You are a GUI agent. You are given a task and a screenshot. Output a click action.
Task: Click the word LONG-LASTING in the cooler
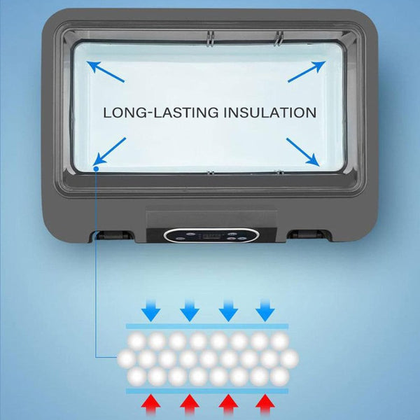coord(161,113)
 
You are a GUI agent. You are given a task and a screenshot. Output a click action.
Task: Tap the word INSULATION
coord(270,113)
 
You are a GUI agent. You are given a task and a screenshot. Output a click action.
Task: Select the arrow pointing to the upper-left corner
coord(105,71)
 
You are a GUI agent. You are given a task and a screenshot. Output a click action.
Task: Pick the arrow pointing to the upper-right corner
coord(307,71)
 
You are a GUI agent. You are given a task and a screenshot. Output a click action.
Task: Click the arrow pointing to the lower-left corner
coord(109,151)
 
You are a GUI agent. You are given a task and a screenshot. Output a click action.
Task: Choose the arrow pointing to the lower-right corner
coord(302,152)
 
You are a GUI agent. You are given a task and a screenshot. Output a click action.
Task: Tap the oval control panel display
coord(211,235)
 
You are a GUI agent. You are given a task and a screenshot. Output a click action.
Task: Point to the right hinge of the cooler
coord(307,234)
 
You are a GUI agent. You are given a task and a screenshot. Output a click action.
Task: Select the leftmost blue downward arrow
coord(150,311)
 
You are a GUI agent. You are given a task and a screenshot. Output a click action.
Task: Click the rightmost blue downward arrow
coord(265,311)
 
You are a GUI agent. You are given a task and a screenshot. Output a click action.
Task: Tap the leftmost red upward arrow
coord(150,406)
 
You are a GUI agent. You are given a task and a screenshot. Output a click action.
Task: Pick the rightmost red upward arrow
coord(265,406)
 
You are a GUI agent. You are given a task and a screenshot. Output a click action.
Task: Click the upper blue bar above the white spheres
coord(207,326)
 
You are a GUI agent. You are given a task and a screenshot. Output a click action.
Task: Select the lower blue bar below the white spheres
coord(207,391)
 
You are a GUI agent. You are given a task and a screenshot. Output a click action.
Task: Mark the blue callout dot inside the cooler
coord(96,169)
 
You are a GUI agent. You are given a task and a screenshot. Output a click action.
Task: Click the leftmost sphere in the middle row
coord(127,358)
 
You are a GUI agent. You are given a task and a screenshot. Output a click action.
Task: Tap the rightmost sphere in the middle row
coord(289,358)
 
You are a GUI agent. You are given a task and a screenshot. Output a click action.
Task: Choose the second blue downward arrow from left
coord(190,311)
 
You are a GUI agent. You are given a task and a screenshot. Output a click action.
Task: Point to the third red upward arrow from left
coord(228,406)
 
